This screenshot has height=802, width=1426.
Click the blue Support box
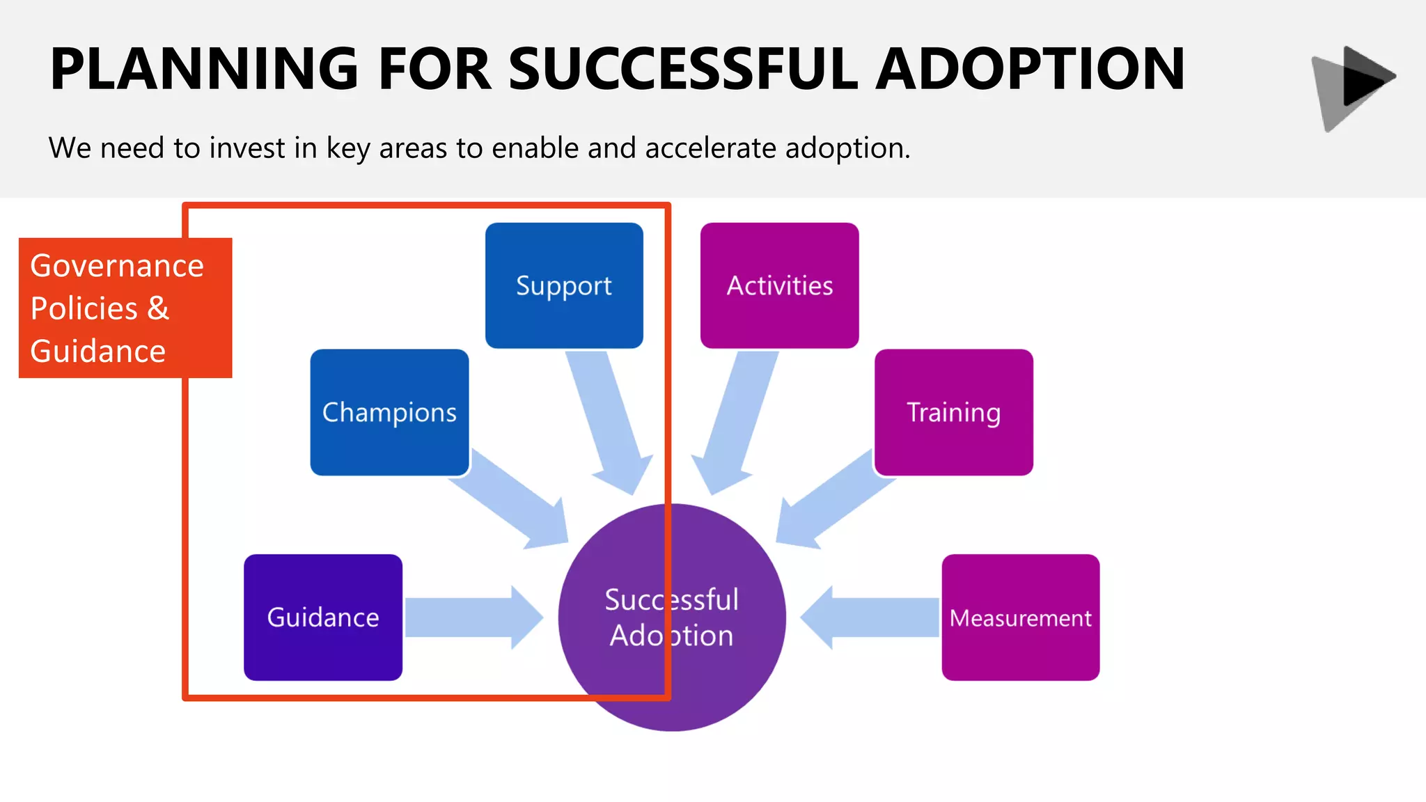point(564,285)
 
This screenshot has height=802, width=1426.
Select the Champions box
point(389,412)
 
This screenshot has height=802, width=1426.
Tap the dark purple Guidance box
point(323,618)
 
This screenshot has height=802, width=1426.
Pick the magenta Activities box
point(779,285)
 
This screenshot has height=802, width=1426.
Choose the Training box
point(953,412)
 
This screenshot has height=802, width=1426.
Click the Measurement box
point(1020,618)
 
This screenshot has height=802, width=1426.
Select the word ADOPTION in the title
point(1030,69)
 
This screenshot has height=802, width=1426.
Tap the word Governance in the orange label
point(117,266)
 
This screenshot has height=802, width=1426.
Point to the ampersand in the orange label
point(158,308)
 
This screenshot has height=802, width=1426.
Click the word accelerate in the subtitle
point(710,148)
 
